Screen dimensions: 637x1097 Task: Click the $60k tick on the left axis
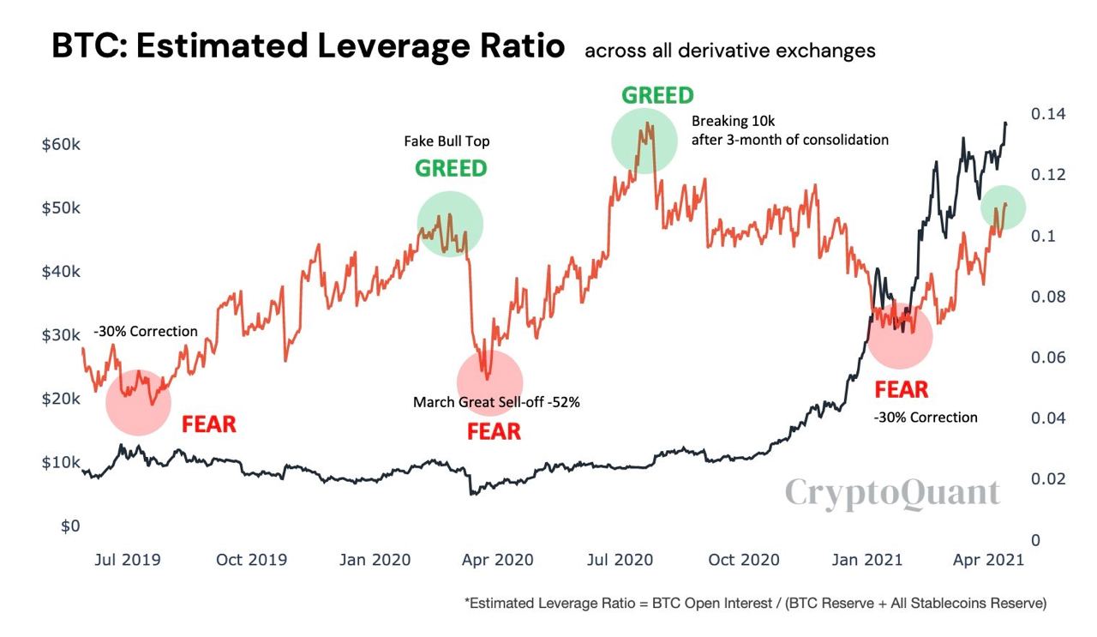point(61,144)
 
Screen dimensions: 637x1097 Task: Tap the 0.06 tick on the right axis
point(1048,358)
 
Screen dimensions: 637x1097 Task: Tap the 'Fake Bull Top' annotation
point(447,141)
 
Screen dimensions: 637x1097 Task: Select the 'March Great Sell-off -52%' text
point(496,401)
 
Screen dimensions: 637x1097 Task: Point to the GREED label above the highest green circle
point(657,95)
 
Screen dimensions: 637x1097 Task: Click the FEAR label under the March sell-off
point(494,431)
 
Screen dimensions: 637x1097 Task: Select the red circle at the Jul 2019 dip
point(138,402)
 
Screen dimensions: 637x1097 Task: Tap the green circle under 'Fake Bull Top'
point(450,225)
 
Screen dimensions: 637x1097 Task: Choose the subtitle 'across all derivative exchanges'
point(730,51)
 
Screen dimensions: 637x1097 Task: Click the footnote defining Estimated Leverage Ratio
point(755,604)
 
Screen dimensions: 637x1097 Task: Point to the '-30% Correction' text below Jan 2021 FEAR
point(926,418)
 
